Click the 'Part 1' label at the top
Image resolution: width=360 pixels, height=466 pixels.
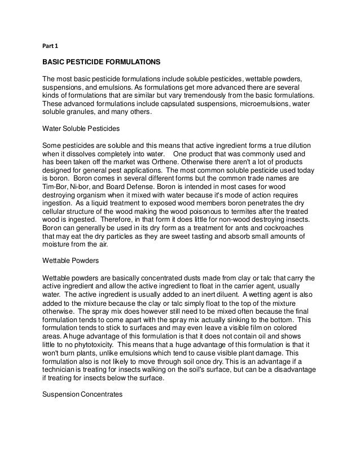pos(51,46)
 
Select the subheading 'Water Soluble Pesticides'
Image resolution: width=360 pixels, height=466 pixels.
pos(81,129)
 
